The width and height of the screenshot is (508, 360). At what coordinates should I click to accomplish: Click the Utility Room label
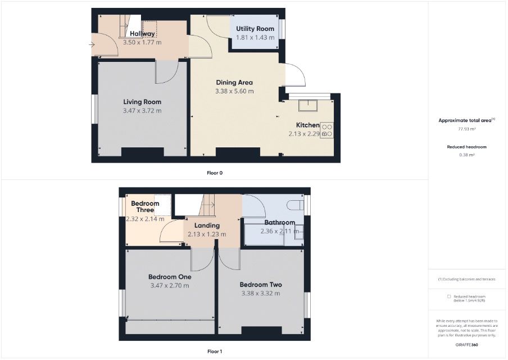pos(255,29)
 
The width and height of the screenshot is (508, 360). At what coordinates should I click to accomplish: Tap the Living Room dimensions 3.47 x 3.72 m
pos(142,111)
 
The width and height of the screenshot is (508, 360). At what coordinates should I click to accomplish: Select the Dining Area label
pos(234,82)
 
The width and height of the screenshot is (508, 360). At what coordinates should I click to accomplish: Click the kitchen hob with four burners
pos(327,130)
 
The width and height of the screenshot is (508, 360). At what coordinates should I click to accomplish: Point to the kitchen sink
pos(308,105)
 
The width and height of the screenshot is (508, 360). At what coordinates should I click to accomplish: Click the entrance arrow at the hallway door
pos(92,45)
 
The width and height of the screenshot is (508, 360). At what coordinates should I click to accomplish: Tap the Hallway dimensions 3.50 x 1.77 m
pos(142,42)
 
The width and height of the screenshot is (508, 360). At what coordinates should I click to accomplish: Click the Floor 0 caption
pos(215,173)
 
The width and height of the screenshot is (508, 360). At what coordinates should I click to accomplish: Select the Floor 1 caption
pos(215,351)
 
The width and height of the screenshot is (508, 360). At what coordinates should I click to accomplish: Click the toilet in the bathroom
pos(296,205)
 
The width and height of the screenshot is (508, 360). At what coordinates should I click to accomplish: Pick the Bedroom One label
pos(170,277)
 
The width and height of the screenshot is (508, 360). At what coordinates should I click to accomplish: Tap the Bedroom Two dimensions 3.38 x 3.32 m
pos(261,293)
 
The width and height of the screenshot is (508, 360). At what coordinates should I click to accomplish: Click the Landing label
pos(207,226)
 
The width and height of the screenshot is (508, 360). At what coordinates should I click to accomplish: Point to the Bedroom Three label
pos(145,206)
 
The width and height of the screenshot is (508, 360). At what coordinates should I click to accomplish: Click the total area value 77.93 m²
pos(467,129)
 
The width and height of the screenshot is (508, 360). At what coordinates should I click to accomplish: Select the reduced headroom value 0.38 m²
pos(467,155)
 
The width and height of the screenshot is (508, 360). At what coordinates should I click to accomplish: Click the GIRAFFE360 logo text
pos(466,345)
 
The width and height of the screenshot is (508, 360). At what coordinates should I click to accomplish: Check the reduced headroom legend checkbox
pos(449,296)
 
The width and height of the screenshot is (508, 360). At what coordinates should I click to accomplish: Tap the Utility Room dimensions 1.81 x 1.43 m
pos(255,37)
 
